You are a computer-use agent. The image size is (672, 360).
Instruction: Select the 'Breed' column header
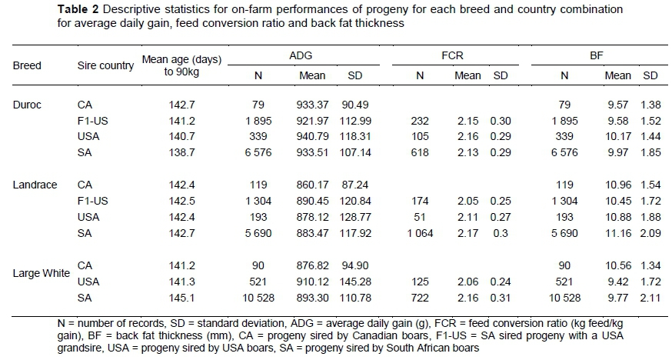point(27,66)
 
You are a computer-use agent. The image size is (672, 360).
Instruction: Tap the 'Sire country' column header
point(105,66)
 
